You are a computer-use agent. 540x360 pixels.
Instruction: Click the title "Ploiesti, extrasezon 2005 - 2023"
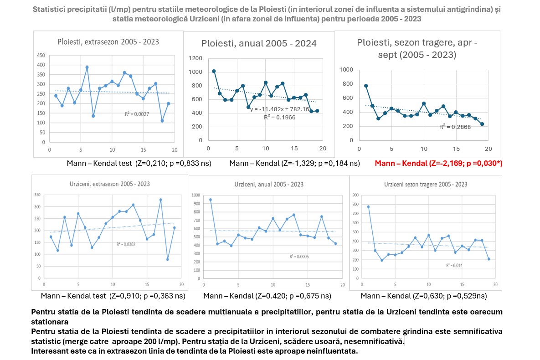pyautogui.click(x=108, y=42)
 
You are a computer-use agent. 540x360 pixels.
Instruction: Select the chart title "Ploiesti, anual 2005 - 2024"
pyautogui.click(x=259, y=44)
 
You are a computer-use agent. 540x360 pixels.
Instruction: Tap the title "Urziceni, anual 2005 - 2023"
pyautogui.click(x=269, y=185)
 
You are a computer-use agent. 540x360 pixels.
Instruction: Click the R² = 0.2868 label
pyautogui.click(x=455, y=127)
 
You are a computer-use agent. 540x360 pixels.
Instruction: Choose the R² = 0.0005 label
pyautogui.click(x=299, y=257)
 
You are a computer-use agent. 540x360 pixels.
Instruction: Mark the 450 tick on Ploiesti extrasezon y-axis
pyautogui.click(x=41, y=55)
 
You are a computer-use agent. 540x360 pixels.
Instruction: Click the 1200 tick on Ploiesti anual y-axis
pyautogui.click(x=196, y=58)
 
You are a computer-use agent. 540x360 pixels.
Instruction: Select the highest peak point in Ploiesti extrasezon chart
pyautogui.click(x=87, y=67)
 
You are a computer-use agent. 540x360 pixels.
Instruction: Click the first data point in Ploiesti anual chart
pyautogui.click(x=214, y=71)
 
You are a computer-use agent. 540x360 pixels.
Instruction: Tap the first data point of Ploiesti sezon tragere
pyautogui.click(x=366, y=86)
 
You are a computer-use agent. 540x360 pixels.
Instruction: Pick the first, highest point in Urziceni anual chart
pyautogui.click(x=211, y=200)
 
